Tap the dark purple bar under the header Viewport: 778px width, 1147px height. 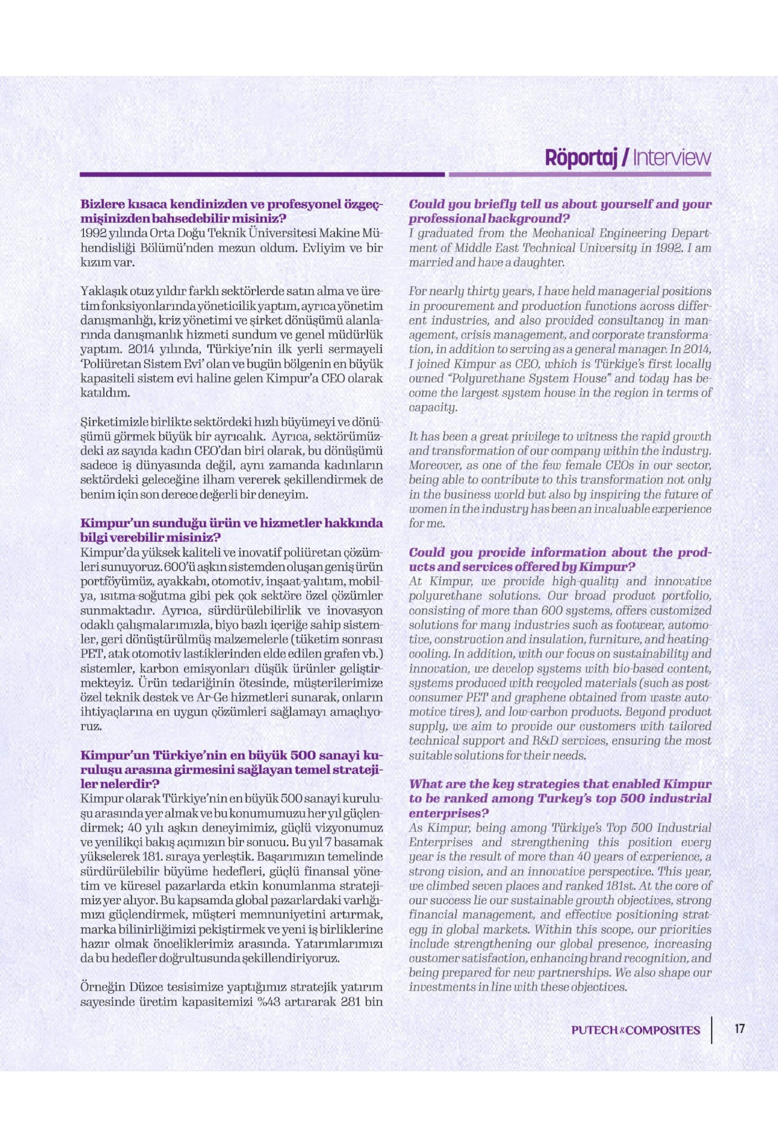click(262, 174)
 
